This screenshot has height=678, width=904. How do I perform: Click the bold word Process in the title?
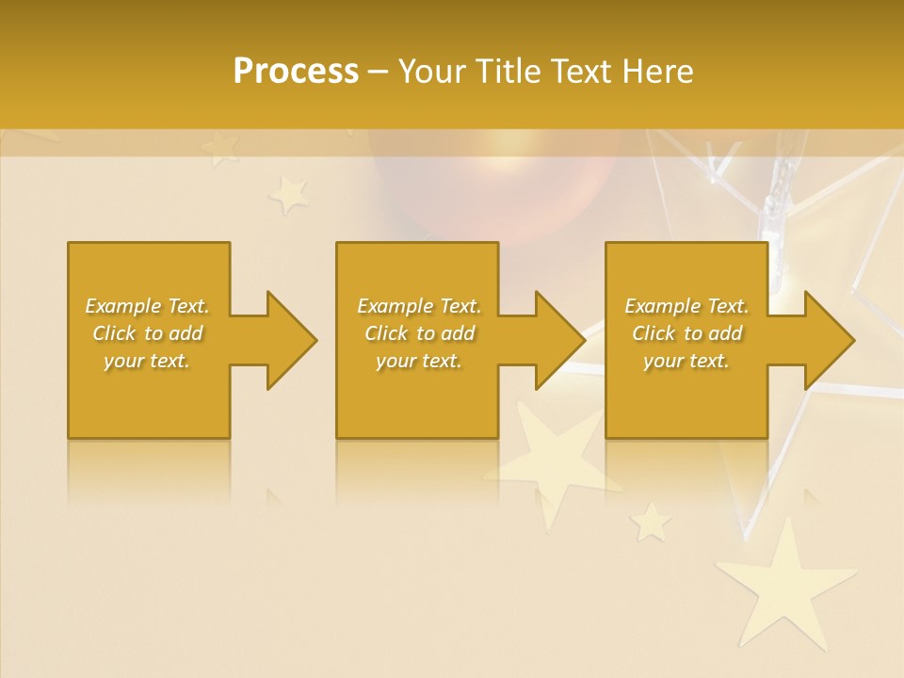point(296,71)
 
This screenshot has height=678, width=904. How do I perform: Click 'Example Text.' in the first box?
point(148,306)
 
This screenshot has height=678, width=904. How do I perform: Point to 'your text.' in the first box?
point(148,361)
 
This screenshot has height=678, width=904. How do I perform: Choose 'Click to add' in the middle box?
point(419,333)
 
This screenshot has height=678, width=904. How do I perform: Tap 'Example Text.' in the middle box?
point(419,306)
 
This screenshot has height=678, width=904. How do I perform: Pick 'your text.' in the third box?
point(686,361)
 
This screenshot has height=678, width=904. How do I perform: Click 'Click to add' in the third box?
point(686,333)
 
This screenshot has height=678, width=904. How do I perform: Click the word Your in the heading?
point(434,71)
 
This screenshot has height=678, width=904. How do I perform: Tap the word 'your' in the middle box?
point(395,361)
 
